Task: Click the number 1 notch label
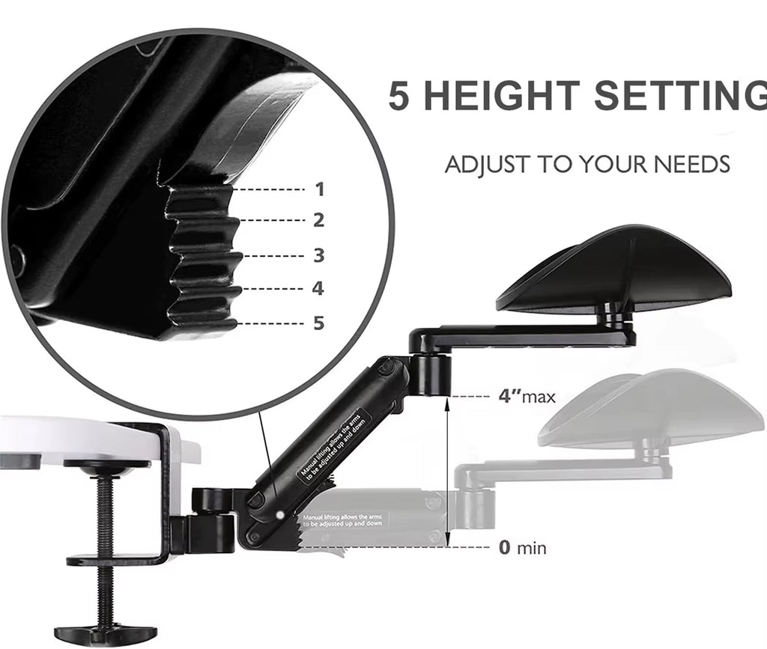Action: (x=320, y=190)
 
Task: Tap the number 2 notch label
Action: (x=320, y=221)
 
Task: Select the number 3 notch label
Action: (x=320, y=255)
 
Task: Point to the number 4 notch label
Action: (x=318, y=288)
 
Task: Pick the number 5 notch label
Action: (x=319, y=323)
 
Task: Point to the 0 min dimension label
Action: (x=522, y=548)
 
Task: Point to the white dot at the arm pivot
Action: (x=279, y=514)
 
